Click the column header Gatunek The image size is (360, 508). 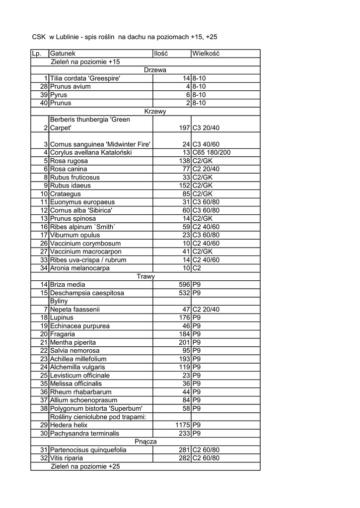(x=63, y=54)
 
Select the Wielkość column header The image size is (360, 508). (x=206, y=54)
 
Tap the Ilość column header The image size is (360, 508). (x=161, y=54)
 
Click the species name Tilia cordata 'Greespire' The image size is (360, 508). (x=85, y=78)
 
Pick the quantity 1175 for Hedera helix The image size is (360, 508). (x=183, y=425)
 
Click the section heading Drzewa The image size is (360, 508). (x=155, y=70)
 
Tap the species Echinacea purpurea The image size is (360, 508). (x=79, y=326)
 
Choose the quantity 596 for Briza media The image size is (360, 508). (x=185, y=285)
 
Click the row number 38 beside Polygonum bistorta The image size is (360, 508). (x=44, y=409)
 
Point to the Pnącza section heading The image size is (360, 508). (x=145, y=442)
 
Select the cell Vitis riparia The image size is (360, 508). (x=67, y=458)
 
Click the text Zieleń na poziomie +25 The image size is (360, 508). (x=85, y=466)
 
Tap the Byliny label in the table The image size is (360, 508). (x=59, y=301)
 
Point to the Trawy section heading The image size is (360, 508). (x=145, y=276)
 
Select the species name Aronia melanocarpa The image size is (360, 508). (x=79, y=268)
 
